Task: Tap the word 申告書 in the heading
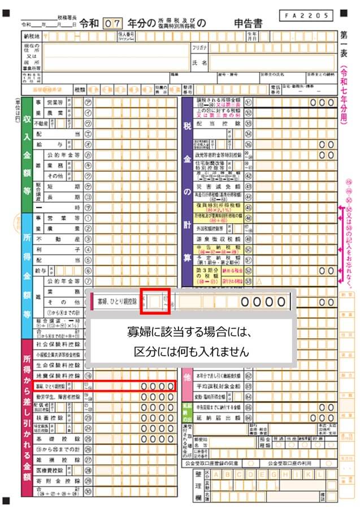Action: click(x=251, y=24)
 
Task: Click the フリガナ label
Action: click(x=200, y=49)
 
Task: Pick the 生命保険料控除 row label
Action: click(x=58, y=365)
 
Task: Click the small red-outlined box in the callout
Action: click(x=151, y=302)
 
